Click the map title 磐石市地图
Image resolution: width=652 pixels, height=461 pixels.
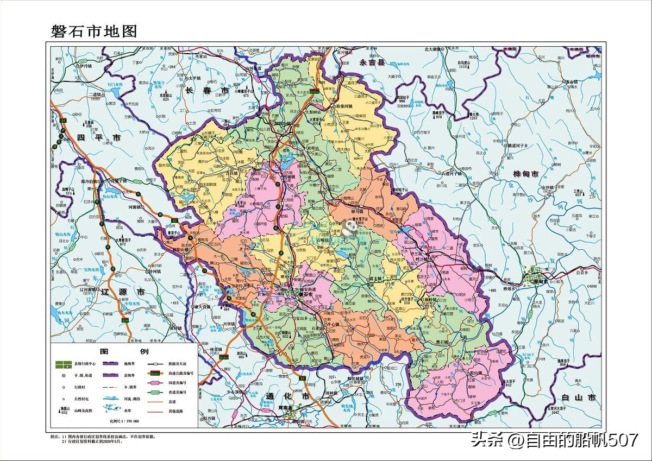tap(93, 30)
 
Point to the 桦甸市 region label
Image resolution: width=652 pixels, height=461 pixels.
tap(525, 174)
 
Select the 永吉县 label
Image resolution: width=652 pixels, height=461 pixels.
tap(372, 62)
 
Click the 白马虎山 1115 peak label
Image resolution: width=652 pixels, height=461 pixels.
tap(463, 64)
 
